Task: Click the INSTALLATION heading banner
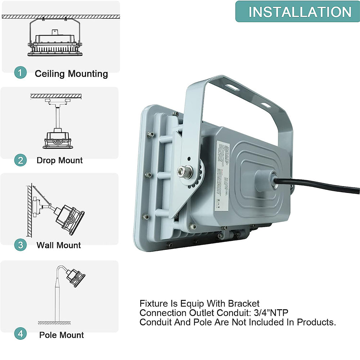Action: click(x=297, y=12)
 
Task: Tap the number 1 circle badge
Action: click(x=21, y=73)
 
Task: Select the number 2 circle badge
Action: click(x=21, y=159)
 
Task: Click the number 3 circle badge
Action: click(x=21, y=245)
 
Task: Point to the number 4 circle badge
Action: click(x=21, y=334)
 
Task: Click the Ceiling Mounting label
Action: click(x=71, y=74)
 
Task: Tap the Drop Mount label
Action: click(x=60, y=160)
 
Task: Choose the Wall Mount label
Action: click(x=59, y=246)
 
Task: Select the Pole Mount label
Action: click(x=62, y=335)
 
